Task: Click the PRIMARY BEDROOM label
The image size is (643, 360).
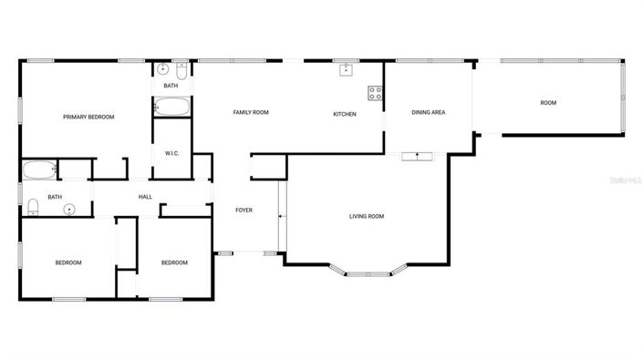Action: click(x=88, y=117)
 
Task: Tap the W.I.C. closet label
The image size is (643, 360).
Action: click(x=172, y=153)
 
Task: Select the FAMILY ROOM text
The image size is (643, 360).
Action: click(x=251, y=112)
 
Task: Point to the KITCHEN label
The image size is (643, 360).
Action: click(x=344, y=114)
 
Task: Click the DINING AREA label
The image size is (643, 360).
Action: click(x=428, y=112)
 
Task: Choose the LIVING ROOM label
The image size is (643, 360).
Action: click(x=367, y=216)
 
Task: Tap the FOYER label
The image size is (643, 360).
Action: click(x=244, y=211)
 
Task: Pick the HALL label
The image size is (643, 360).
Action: click(x=145, y=197)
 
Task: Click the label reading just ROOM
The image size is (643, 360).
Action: click(x=548, y=103)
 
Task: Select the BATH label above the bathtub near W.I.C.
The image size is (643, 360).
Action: click(x=171, y=86)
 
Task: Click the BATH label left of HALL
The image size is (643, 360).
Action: click(x=55, y=197)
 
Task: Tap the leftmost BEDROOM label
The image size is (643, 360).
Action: click(x=68, y=262)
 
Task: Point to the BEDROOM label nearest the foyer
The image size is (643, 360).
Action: click(x=174, y=262)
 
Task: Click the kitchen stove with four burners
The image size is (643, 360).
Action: click(x=374, y=92)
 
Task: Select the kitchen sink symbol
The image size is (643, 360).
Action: click(x=347, y=69)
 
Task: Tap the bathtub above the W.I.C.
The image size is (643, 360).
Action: click(x=171, y=107)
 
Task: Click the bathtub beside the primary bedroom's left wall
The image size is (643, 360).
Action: click(x=39, y=170)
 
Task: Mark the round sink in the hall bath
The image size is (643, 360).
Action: click(x=69, y=210)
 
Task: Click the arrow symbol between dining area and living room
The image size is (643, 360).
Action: click(x=418, y=156)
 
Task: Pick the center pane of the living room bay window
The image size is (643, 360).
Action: click(x=369, y=272)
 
